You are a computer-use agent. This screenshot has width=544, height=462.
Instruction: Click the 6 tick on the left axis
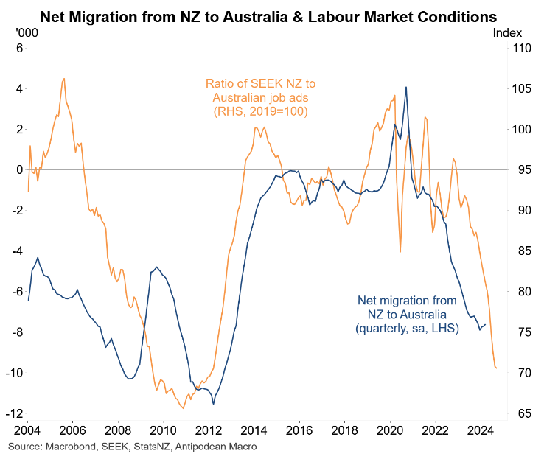click(x=20, y=48)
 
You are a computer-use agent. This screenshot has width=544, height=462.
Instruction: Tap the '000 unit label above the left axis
click(x=24, y=32)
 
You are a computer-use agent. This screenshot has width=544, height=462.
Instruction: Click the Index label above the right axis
click(x=507, y=32)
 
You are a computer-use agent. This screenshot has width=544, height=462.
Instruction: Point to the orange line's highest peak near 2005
click(x=64, y=78)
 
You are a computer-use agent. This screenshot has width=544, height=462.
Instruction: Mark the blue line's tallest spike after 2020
click(x=406, y=87)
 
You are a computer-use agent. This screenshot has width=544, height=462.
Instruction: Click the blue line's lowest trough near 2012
click(x=214, y=404)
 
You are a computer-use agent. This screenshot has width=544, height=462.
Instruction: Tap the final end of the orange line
click(x=497, y=368)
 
